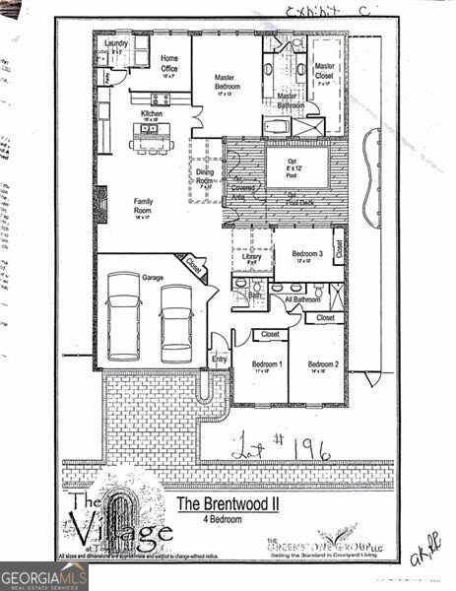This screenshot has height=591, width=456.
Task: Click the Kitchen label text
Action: [x=152, y=114]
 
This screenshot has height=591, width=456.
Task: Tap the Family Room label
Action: [x=143, y=207]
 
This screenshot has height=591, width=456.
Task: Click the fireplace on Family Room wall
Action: [x=100, y=200]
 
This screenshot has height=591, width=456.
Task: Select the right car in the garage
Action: [x=176, y=321]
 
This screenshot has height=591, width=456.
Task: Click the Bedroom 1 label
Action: [x=262, y=367]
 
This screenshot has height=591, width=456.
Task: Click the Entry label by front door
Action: [x=219, y=360]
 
